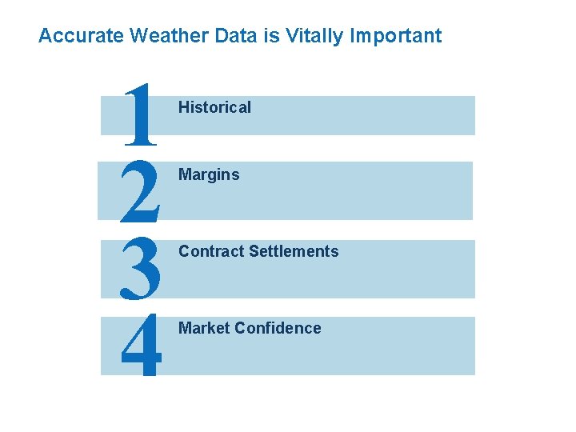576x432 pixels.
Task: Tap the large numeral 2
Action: point(140,190)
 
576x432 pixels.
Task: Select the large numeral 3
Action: point(140,267)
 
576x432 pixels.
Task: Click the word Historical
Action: point(214,107)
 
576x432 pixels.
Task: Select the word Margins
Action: point(209,174)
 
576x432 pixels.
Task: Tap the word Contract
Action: point(211,251)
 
